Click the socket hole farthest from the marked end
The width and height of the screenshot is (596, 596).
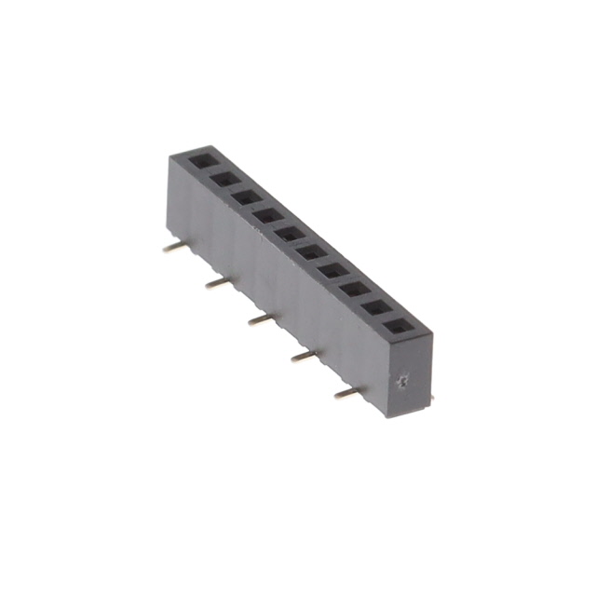point(201,160)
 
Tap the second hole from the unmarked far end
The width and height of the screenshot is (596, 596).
point(223,177)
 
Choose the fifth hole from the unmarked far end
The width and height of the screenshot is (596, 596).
point(290,233)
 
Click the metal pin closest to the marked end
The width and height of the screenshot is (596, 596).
point(345,394)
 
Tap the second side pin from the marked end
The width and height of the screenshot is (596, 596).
point(302,357)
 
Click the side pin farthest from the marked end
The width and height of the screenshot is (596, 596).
point(170,249)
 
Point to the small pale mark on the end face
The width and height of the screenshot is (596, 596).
point(402,381)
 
